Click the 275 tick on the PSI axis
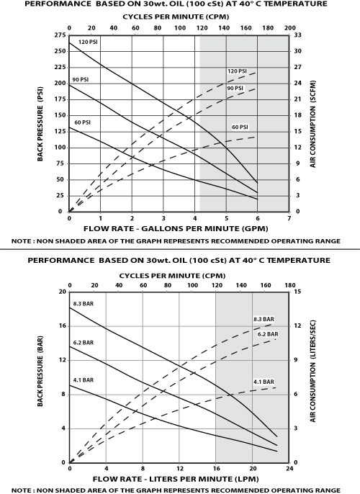[x=59, y=35]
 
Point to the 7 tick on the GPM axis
[x=288, y=218]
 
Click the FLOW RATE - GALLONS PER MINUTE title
[x=178, y=229]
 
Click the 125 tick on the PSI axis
[x=59, y=131]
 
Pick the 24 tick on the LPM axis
[x=288, y=470]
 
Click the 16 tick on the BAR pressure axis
[x=60, y=325]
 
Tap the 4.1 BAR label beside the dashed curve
[x=264, y=381]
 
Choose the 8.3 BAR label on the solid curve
[x=85, y=302]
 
